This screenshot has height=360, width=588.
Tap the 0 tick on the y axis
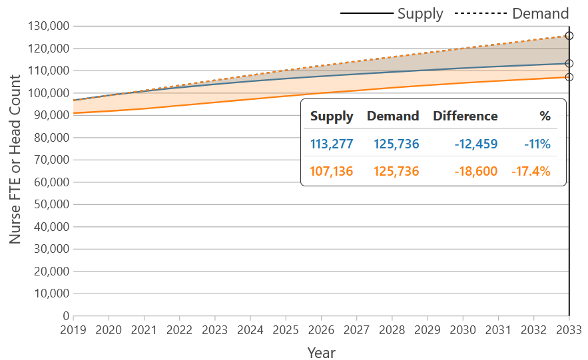click(66, 315)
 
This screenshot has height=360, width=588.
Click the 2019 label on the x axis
click(73, 329)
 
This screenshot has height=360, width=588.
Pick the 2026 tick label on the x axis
click(321, 329)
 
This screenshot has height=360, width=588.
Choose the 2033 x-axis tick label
click(568, 329)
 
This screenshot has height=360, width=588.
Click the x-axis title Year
click(321, 352)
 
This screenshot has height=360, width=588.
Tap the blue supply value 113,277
click(332, 144)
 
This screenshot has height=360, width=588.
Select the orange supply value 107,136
click(332, 172)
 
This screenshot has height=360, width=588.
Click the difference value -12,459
click(476, 144)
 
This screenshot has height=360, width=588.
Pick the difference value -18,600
click(476, 172)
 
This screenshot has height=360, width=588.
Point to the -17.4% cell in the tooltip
click(531, 172)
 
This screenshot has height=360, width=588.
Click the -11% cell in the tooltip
click(537, 144)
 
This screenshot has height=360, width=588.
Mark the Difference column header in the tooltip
click(465, 116)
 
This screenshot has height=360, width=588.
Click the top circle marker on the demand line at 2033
click(569, 36)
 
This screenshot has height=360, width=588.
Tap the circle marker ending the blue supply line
click(569, 64)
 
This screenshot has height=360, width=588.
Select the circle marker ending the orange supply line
click(569, 77)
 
